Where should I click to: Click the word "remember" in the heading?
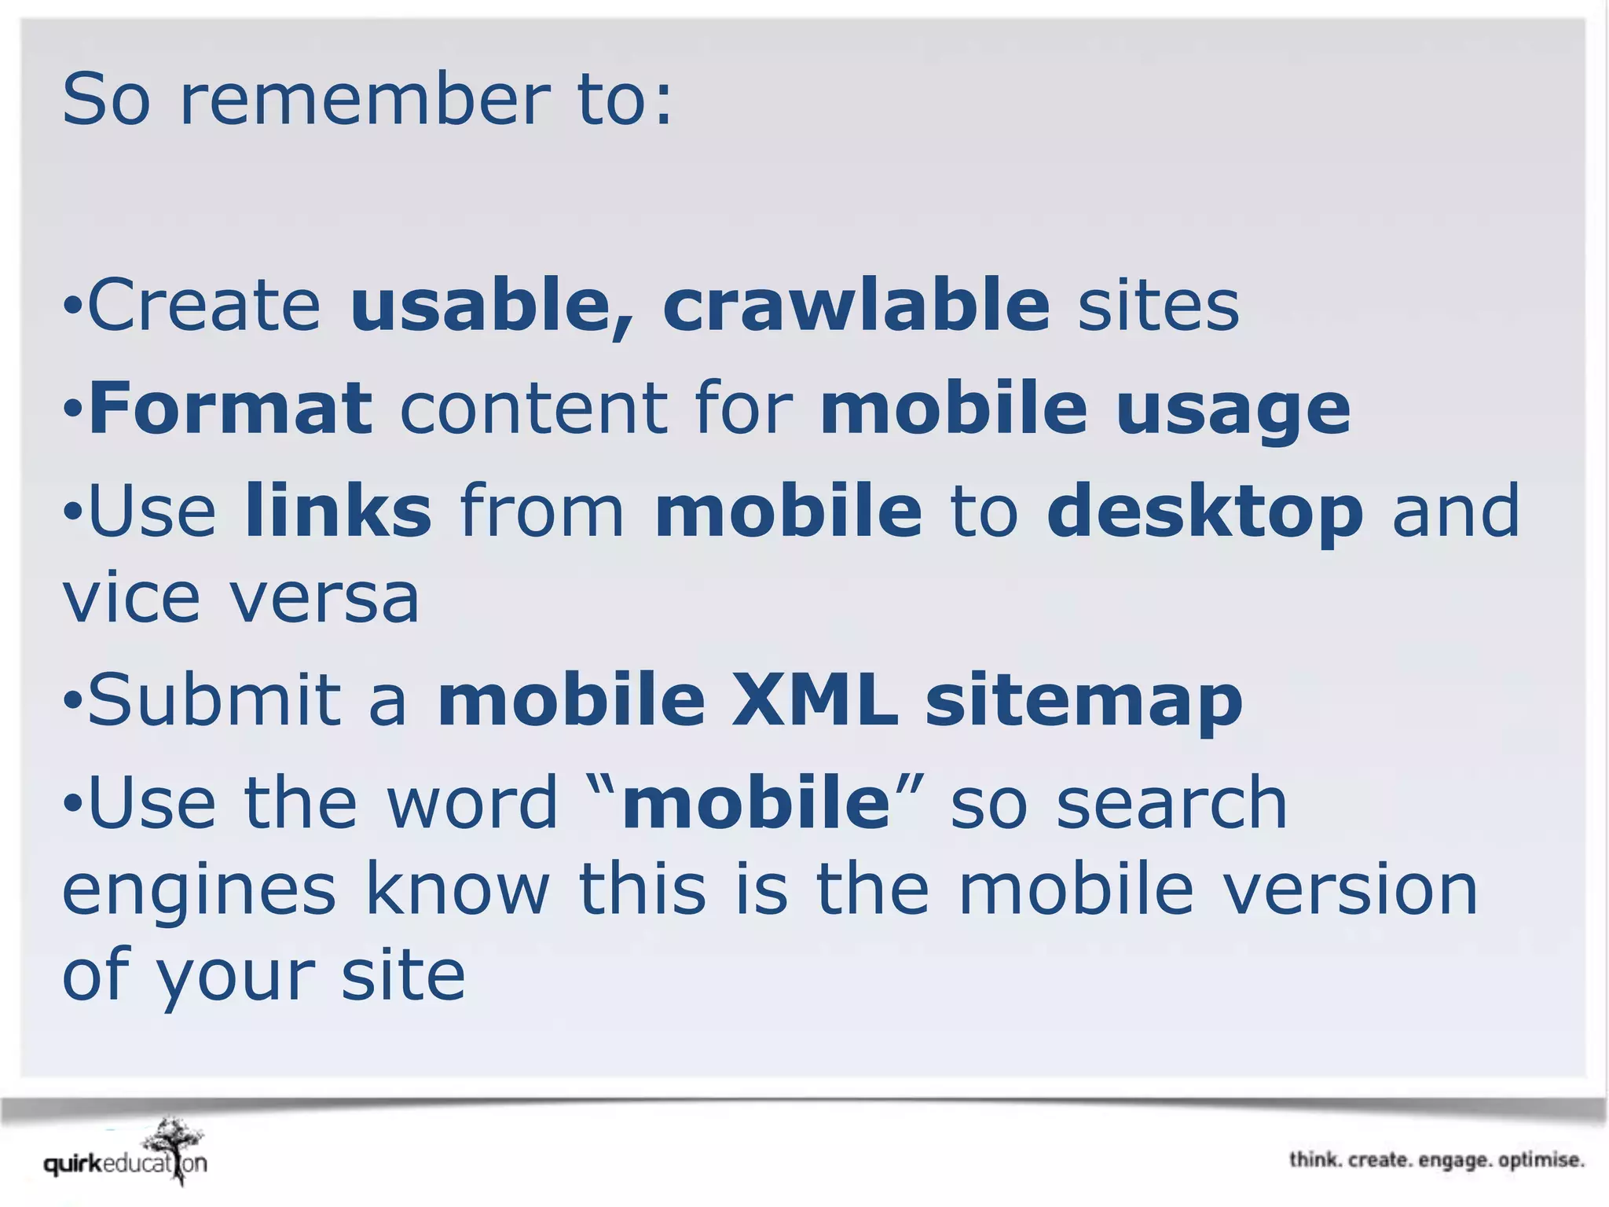(x=365, y=100)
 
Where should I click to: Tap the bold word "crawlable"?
(x=856, y=305)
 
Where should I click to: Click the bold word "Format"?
(x=231, y=408)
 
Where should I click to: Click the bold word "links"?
(x=339, y=511)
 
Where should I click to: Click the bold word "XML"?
(x=815, y=699)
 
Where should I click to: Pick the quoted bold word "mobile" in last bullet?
(x=756, y=802)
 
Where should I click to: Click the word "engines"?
(x=199, y=891)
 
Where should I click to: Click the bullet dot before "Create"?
(x=72, y=305)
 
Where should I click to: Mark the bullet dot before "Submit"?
(x=72, y=699)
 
